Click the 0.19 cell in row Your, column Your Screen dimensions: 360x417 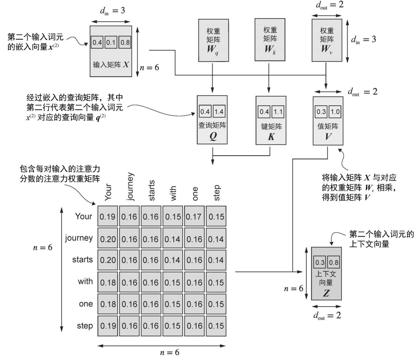[x=107, y=217]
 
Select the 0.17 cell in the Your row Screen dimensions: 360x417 [x=194, y=217]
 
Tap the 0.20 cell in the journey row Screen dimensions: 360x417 [x=107, y=239]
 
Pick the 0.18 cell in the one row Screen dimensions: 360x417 [x=107, y=304]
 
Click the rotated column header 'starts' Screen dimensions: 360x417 [x=151, y=190]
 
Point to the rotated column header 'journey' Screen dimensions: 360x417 [x=130, y=187]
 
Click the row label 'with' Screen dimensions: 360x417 [x=85, y=282]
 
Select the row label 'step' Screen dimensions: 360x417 [x=85, y=325]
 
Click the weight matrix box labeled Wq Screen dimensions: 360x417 [x=213, y=40]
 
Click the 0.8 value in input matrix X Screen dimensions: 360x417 [x=125, y=42]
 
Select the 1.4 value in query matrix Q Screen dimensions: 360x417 [x=219, y=112]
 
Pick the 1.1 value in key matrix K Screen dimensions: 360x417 [x=278, y=112]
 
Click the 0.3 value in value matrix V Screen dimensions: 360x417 [x=321, y=112]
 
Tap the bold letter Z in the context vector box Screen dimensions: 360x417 [x=326, y=294]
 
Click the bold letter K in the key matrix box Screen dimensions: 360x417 [x=271, y=137]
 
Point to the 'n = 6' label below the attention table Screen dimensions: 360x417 [x=169, y=353]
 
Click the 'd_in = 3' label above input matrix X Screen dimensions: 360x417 [x=113, y=11]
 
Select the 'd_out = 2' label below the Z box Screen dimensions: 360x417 [x=327, y=315]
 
